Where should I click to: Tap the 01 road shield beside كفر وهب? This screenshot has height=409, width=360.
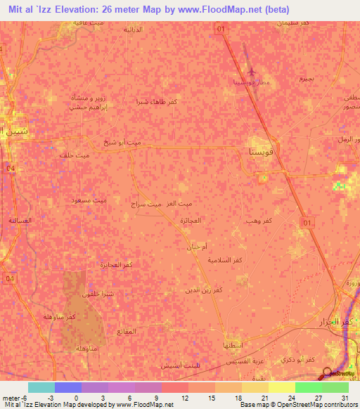(306, 222)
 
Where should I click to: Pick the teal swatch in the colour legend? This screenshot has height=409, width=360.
(41, 387)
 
